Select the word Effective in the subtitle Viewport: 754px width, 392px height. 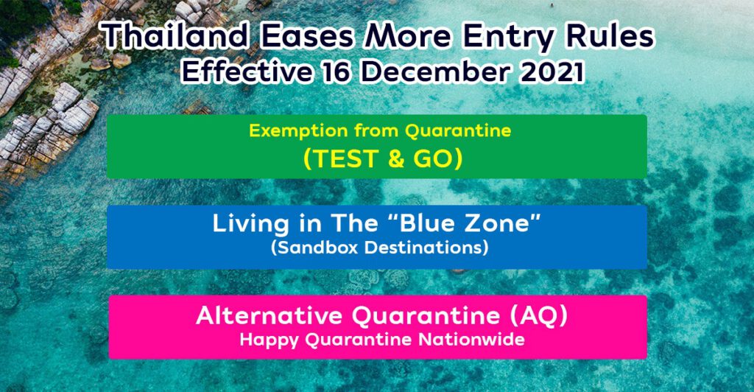point(246,73)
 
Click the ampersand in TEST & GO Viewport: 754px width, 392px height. point(396,160)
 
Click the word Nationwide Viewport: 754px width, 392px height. point(471,340)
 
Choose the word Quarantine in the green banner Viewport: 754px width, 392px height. point(457,131)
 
